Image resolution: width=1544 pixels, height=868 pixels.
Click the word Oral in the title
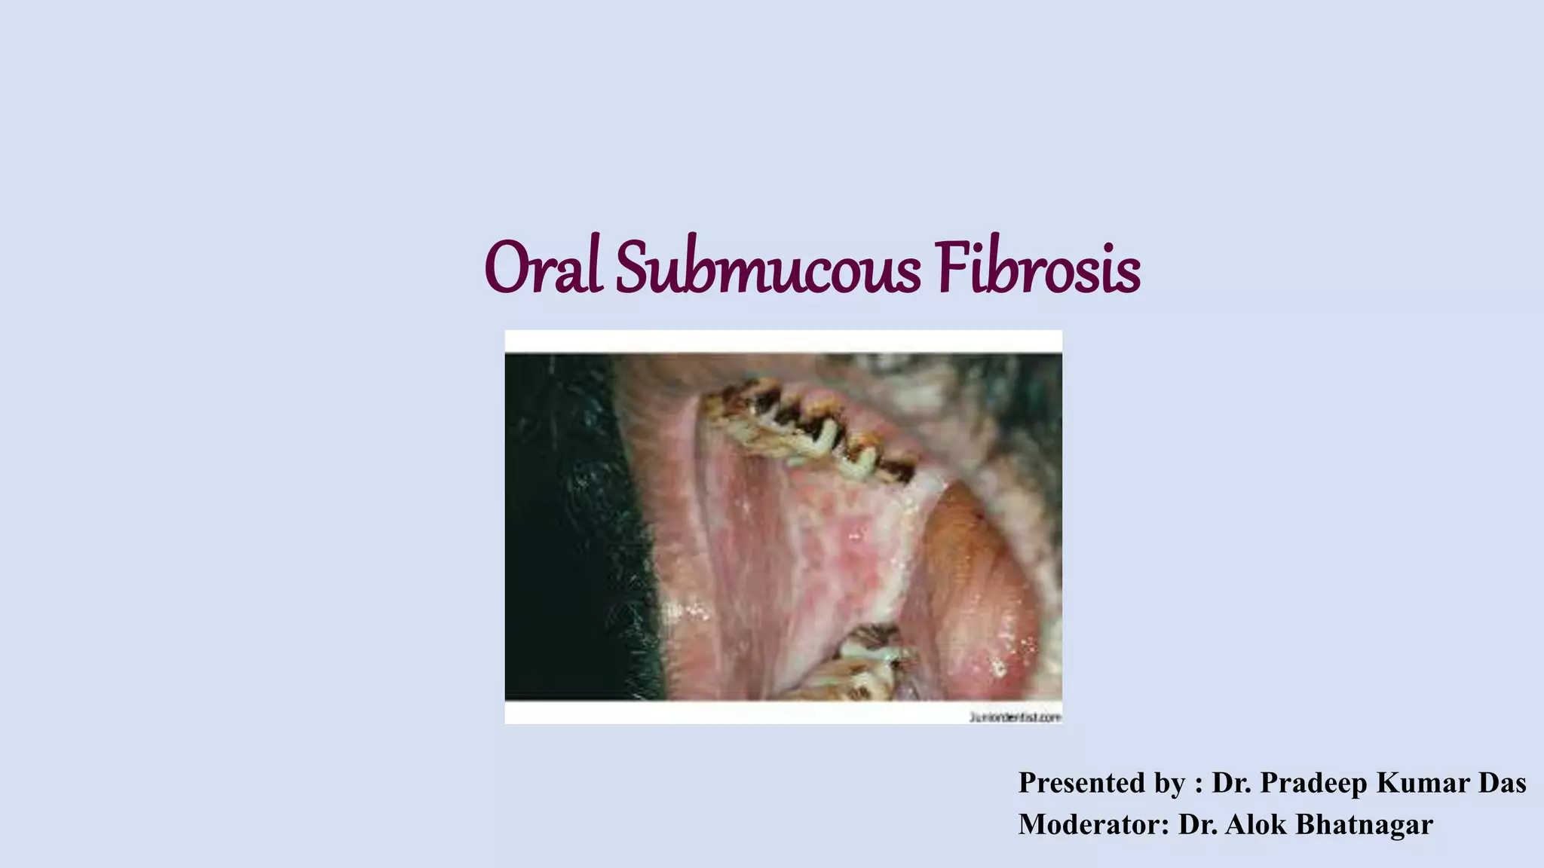[543, 268]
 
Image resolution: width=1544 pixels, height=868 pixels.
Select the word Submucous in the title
[767, 268]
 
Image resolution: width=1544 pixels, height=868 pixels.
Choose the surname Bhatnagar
[1364, 824]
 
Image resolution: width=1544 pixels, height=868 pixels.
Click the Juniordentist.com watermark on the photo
[1015, 717]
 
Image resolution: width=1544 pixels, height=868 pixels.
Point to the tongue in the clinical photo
[973, 588]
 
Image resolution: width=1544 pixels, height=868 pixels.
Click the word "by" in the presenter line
[1169, 784]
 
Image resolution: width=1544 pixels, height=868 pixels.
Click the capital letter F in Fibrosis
[951, 268]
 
